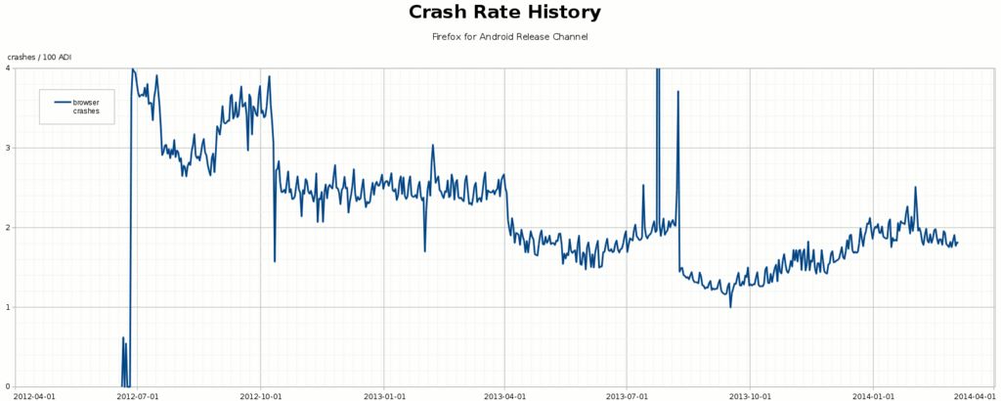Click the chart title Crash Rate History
(504, 13)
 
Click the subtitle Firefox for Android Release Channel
(509, 36)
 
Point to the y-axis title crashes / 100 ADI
(39, 58)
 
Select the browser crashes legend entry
(85, 107)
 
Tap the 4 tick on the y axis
(8, 68)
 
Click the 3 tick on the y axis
(8, 148)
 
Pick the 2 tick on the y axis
(8, 228)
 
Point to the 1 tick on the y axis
(8, 307)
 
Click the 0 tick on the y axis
(8, 386)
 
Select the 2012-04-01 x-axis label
(35, 396)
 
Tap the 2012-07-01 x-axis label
(138, 396)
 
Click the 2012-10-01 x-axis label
(261, 396)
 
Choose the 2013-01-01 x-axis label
(384, 396)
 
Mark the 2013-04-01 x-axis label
(505, 396)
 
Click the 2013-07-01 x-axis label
(628, 396)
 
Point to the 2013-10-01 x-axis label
(751, 396)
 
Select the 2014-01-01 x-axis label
(874, 396)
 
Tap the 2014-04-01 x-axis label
(975, 396)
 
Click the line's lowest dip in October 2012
(275, 261)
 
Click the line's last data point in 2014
(958, 242)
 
